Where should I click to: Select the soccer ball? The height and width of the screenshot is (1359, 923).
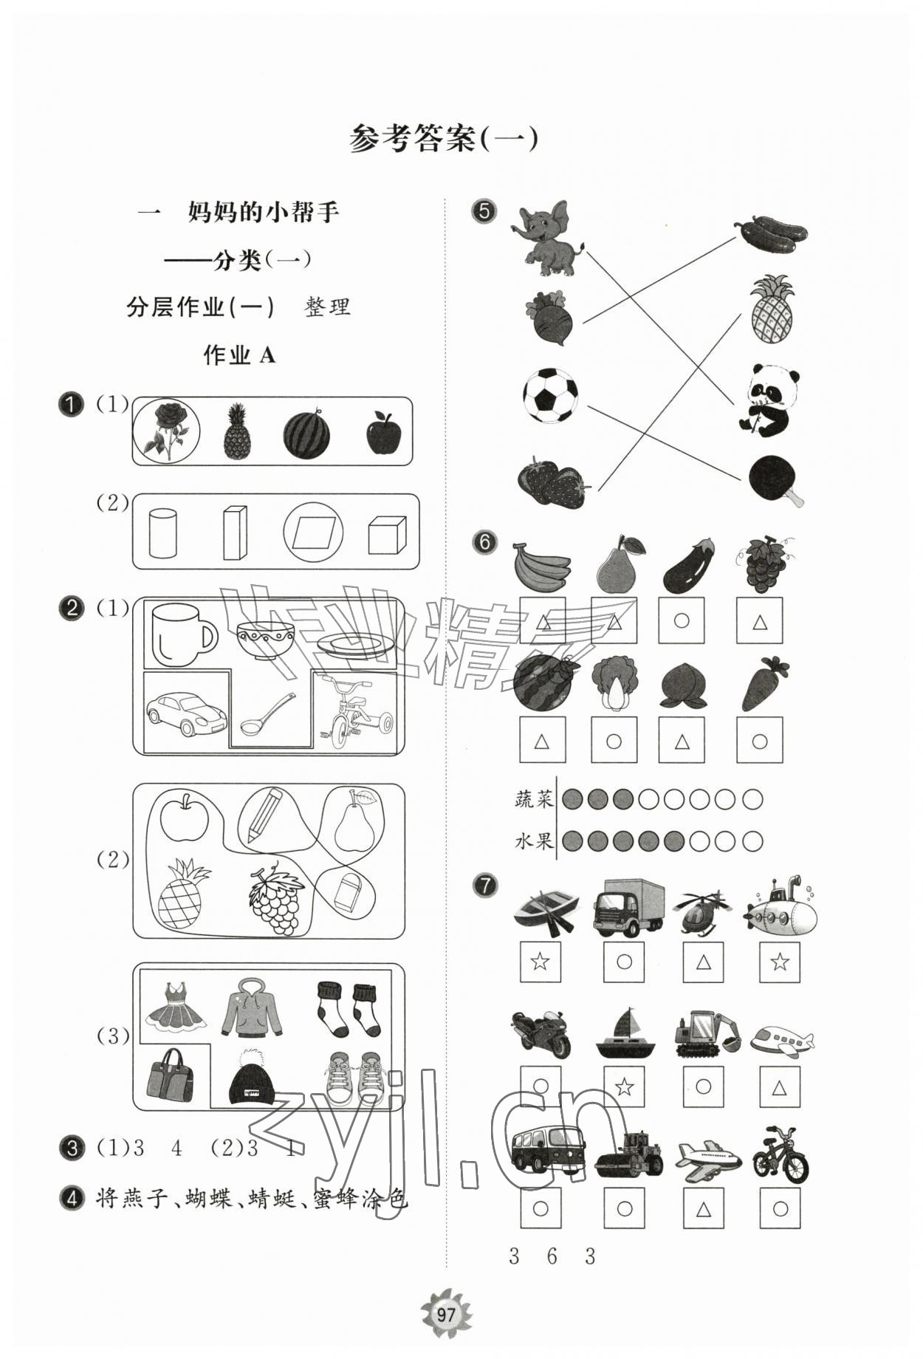point(550,396)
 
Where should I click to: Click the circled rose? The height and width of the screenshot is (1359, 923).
point(166,431)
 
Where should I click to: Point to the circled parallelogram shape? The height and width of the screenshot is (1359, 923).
point(314,533)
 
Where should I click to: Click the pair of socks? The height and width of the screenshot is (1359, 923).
point(349,1008)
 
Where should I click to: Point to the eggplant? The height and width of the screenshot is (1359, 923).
point(689,565)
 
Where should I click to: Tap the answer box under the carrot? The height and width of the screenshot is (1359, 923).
point(760,739)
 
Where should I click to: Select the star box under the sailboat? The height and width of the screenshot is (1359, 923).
point(625,1086)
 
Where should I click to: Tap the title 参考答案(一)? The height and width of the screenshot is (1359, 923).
point(444,139)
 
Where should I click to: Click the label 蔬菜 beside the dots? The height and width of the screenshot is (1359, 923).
point(534,798)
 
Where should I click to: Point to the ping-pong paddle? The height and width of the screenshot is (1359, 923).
point(778,481)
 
